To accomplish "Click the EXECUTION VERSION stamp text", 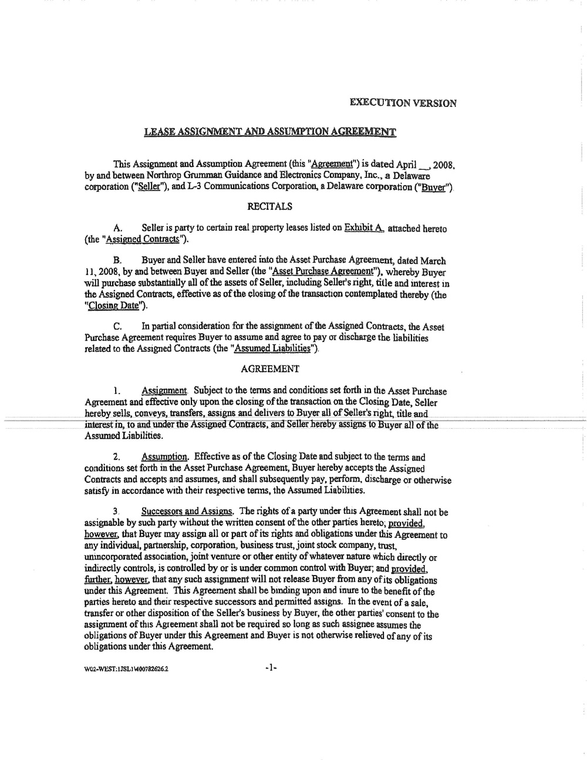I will [403, 103].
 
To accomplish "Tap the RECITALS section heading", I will [270, 207].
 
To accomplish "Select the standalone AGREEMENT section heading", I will [270, 369].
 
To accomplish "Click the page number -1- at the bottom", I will [271, 667].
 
